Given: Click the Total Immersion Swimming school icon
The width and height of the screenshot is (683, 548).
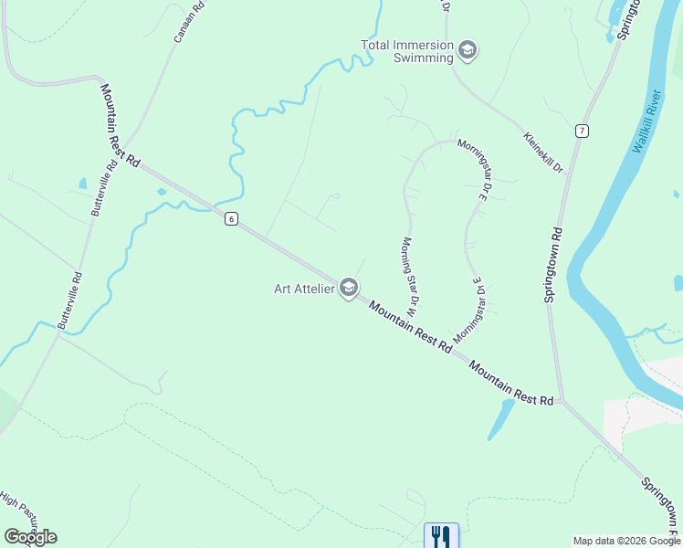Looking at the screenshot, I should pos(468,49).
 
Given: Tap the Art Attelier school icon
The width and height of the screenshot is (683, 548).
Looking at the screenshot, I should pos(348,288).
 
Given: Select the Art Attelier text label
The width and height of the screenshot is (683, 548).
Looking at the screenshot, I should pos(305,289).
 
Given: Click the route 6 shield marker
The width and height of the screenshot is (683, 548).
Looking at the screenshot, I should pos(233,218).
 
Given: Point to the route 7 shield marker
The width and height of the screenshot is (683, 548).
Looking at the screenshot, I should pos(581,132).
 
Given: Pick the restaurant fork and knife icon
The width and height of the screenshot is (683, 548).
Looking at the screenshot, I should pos(441,535).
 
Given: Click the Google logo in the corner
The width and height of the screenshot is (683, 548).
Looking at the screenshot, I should pos(30,537).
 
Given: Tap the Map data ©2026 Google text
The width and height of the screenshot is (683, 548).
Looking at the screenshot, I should pos(625,541).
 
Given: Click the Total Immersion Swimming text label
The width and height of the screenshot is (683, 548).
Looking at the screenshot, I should pos(407,51).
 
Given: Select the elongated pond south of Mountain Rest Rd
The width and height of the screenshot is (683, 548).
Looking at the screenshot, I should pos(499,418).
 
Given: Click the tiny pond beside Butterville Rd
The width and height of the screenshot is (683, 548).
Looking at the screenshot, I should pos(83,183).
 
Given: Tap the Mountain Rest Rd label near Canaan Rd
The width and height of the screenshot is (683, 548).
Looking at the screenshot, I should pos(120,125).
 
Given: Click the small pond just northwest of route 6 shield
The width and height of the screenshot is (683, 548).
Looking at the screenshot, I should pos(162,192).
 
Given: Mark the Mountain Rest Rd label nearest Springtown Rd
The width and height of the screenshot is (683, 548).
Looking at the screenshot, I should pos(511,383).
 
